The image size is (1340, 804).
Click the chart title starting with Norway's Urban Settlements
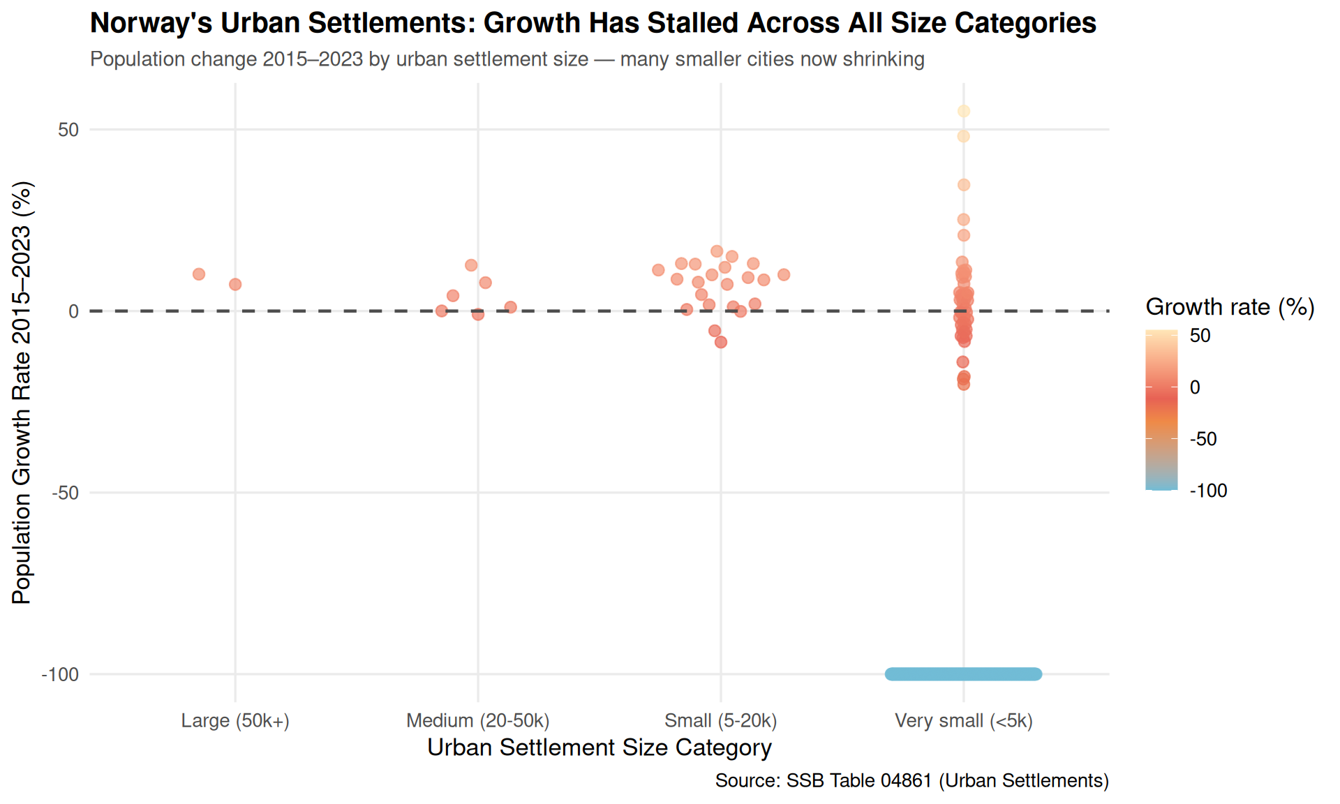tap(593, 23)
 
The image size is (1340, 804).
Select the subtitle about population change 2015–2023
tap(507, 59)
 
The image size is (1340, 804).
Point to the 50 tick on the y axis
tap(68, 130)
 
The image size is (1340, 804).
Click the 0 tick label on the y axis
tap(74, 311)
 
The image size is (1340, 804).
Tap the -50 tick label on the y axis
tap(66, 493)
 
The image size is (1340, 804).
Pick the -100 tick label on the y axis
tap(60, 674)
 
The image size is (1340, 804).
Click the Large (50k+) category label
tap(235, 721)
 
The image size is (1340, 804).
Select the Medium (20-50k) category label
tap(478, 721)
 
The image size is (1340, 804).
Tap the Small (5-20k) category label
tap(721, 721)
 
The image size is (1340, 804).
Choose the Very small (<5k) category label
tap(964, 721)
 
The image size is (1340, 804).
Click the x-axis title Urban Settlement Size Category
tap(600, 747)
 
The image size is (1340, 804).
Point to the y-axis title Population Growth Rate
tap(22, 393)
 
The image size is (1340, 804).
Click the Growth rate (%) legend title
tap(1230, 307)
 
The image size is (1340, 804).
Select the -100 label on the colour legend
tap(1209, 491)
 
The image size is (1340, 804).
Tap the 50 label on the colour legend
tap(1200, 336)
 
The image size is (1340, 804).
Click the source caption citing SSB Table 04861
tap(912, 780)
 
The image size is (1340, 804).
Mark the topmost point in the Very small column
tap(964, 111)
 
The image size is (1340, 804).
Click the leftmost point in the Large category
tap(199, 274)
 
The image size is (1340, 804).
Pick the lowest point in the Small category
tap(721, 342)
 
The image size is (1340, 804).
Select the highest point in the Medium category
tap(471, 265)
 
